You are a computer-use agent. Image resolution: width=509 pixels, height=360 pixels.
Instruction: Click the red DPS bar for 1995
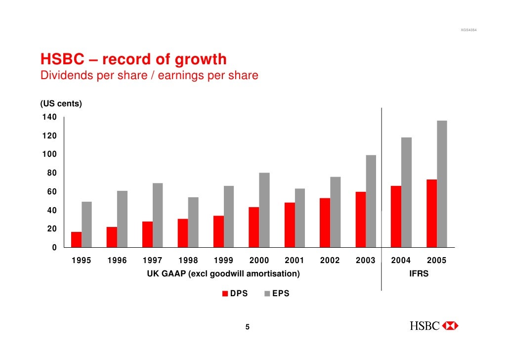76,240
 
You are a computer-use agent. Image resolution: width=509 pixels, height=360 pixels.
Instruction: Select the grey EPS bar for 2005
442,184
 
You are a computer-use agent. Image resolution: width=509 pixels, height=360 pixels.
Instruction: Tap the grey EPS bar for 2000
264,210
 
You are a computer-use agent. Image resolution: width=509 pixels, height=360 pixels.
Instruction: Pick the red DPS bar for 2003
361,220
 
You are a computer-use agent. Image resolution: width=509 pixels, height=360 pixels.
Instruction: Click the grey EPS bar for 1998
193,223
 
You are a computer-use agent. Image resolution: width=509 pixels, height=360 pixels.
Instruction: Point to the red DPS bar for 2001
290,225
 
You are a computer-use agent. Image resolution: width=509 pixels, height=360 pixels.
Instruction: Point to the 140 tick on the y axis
49,117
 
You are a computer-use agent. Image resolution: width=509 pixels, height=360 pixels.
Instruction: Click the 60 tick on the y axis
51,191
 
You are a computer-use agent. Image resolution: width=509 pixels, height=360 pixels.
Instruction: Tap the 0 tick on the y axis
54,247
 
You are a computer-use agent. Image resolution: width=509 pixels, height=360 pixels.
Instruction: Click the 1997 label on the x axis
152,261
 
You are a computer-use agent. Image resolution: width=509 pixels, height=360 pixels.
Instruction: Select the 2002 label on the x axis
330,261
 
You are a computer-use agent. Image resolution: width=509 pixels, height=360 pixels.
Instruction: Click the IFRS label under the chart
419,273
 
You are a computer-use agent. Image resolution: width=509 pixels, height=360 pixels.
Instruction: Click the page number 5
248,327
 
